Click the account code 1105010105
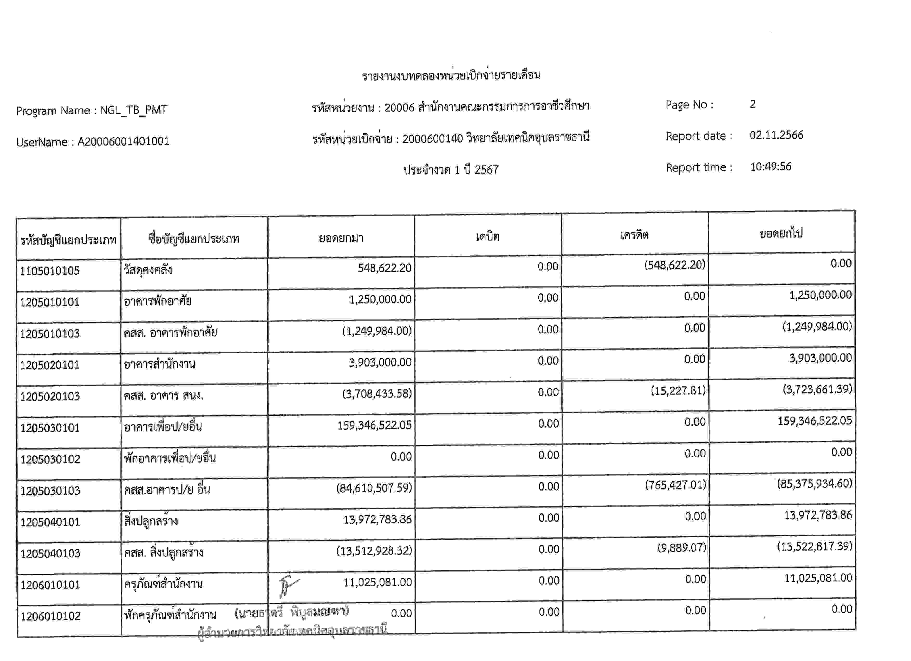point(50,271)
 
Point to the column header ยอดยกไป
point(781,233)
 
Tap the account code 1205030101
point(50,428)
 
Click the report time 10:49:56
point(770,167)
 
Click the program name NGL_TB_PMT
point(134,110)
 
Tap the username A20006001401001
point(123,141)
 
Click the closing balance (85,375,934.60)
point(814,484)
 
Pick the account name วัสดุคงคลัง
point(148,269)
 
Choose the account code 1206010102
point(50,616)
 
